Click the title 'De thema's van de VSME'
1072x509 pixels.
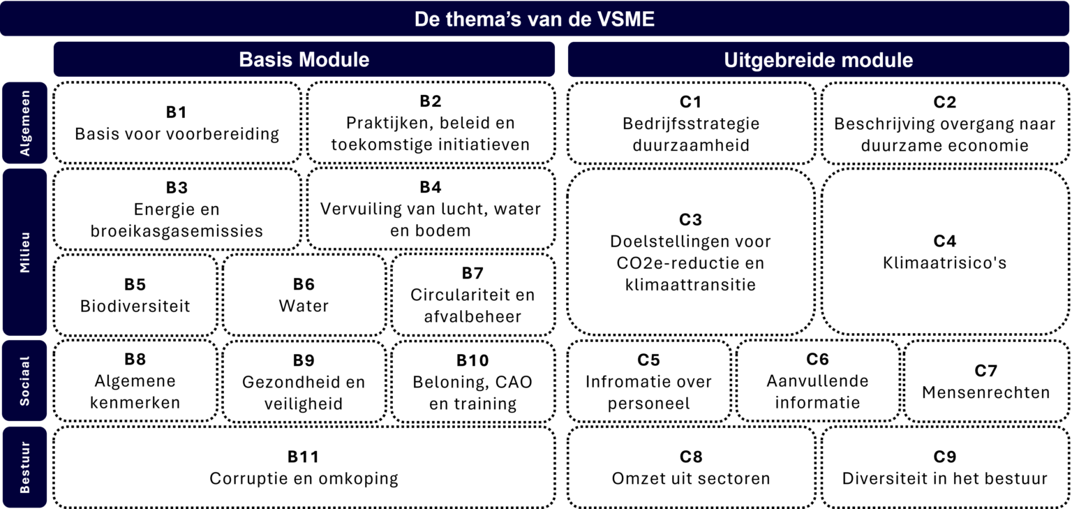534,19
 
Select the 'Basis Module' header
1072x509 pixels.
304,59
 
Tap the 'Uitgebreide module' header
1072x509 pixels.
819,60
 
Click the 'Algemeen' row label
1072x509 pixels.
25,123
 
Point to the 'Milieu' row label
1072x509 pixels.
25,252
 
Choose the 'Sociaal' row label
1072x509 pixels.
25,381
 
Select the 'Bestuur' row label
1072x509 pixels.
25,467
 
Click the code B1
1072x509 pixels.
176,112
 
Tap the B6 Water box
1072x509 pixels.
304,295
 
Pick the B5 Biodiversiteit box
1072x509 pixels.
135,295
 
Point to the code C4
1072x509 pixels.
945,241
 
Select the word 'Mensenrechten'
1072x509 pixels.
986,392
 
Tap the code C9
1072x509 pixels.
945,457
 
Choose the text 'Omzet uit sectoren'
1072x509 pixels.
691,478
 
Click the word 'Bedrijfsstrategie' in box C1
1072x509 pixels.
691,124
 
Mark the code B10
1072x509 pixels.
472,360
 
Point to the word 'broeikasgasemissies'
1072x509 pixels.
177,231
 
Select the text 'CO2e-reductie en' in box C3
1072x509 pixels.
690,263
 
